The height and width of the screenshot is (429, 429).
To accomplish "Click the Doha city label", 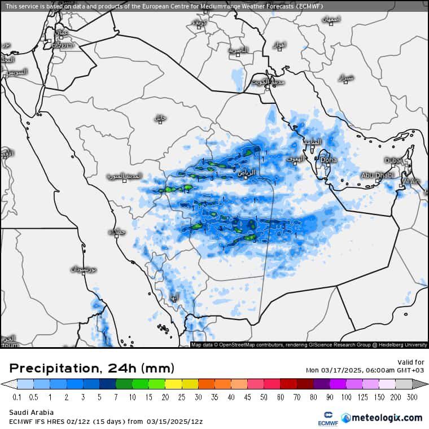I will click(329, 160).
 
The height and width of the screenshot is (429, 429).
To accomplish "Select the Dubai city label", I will click(393, 161).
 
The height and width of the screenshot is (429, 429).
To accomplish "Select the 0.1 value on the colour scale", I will click(17, 397).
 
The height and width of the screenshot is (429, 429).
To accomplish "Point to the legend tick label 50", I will click(265, 397).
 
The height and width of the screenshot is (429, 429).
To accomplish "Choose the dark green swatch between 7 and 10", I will click(124, 384).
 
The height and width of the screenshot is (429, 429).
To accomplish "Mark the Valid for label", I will click(411, 362).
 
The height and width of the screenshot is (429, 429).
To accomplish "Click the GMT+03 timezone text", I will click(411, 370).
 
